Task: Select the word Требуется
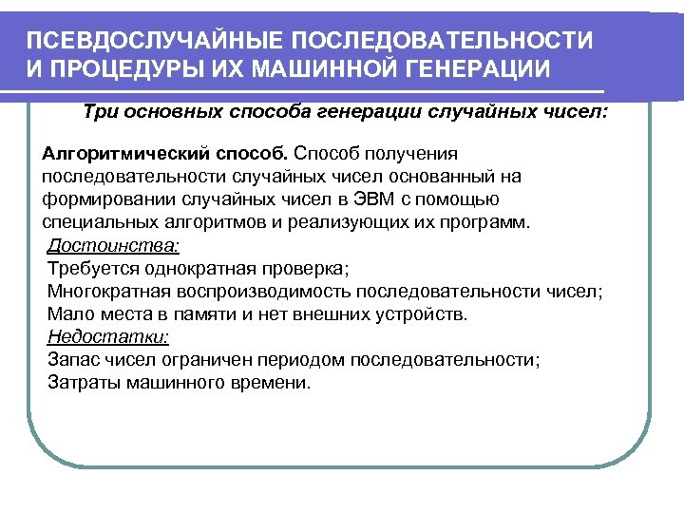click(x=87, y=268)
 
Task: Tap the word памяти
click(x=217, y=313)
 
